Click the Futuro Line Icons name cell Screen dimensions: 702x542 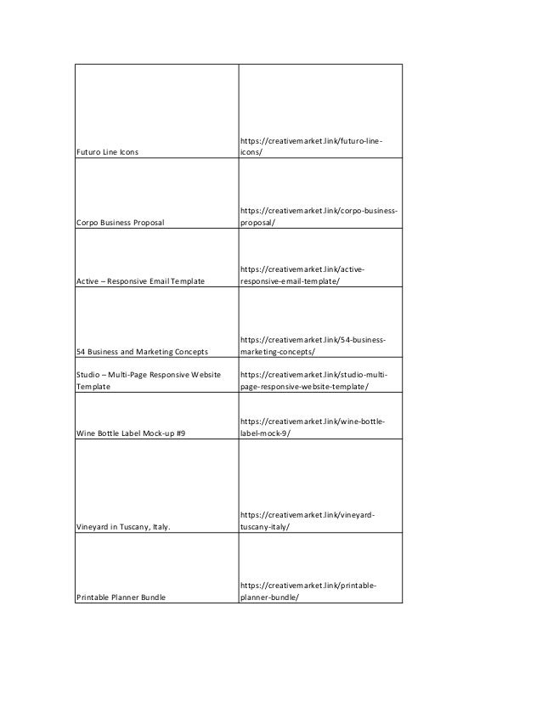[x=108, y=152]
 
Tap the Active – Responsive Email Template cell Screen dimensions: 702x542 [x=141, y=281]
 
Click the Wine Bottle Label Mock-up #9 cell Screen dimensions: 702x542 [x=131, y=433]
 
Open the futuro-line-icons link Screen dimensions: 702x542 [x=310, y=146]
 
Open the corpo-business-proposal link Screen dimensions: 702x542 [x=319, y=216]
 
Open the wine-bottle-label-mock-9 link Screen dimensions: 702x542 [x=312, y=427]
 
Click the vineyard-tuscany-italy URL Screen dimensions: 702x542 [x=308, y=520]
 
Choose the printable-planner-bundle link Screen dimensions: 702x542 [x=308, y=591]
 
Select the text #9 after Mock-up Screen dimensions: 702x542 [x=180, y=433]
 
